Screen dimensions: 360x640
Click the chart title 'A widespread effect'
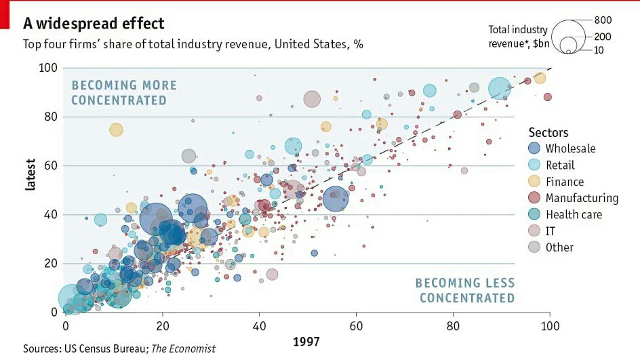94,24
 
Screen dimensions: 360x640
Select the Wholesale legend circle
535,148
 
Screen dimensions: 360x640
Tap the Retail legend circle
535,165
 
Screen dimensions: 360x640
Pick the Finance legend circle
535,182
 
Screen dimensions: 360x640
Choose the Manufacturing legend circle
535,198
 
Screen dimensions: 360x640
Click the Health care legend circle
535,214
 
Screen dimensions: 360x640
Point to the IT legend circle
535,231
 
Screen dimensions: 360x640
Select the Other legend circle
535,247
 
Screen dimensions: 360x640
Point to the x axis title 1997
306,342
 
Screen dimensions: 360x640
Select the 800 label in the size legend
603,20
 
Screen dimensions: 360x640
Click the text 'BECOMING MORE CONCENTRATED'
123,93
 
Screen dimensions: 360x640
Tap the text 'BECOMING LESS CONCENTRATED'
465,290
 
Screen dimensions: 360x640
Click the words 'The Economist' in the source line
183,348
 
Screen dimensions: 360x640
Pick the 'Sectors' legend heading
548,133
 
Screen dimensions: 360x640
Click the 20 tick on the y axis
50,263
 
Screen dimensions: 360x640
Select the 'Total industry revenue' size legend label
517,37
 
